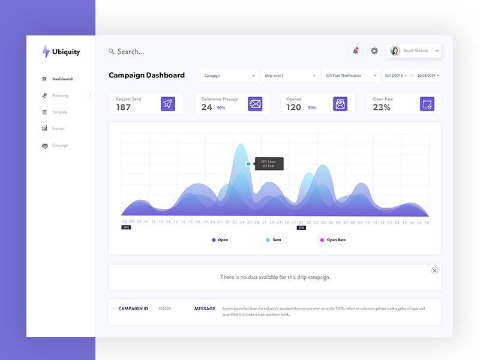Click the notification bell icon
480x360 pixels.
[355, 51]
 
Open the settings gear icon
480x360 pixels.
[374, 51]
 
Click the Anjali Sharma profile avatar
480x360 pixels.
[395, 51]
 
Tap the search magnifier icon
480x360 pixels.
[112, 52]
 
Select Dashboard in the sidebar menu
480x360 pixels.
[62, 79]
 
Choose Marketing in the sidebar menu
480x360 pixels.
[60, 95]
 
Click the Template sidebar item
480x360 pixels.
[59, 112]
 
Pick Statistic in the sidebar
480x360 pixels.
[58, 128]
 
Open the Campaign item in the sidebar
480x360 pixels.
[59, 145]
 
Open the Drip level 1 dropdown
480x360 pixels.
[290, 76]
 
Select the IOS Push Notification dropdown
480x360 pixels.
[351, 76]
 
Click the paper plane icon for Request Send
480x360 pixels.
[168, 104]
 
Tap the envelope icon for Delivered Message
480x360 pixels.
[255, 104]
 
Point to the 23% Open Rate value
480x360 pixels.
[382, 107]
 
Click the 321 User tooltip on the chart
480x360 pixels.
[269, 163]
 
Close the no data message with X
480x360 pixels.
[434, 271]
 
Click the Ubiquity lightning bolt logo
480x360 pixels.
[46, 52]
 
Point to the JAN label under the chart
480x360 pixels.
[126, 227]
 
